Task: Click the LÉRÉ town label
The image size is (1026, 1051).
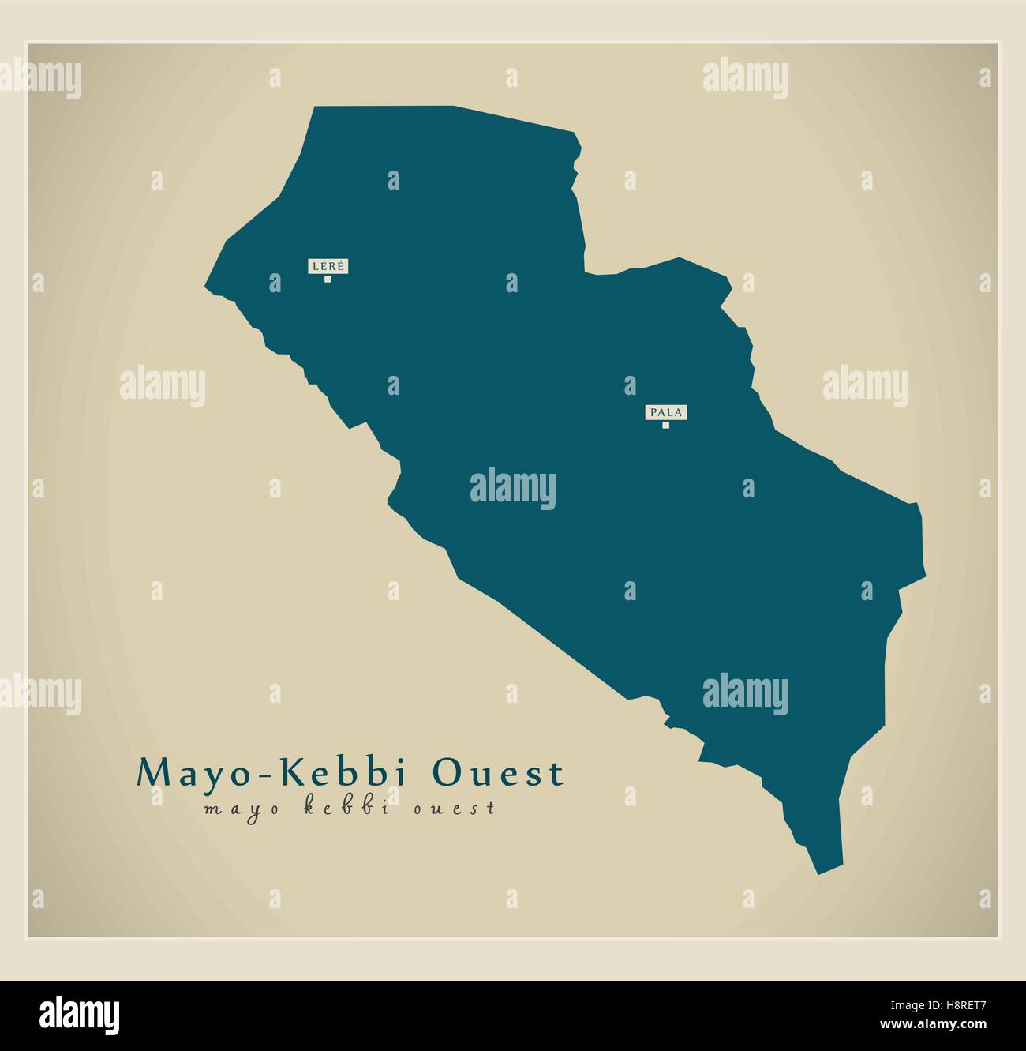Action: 328,267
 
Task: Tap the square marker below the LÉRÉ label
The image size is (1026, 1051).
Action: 328,279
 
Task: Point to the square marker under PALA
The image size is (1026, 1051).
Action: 666,426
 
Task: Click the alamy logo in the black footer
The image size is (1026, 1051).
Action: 80,1014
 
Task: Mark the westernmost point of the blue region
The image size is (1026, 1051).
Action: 207,287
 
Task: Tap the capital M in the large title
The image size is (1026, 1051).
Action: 152,773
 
